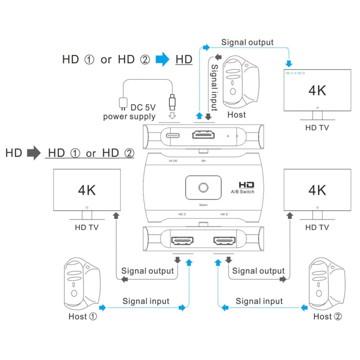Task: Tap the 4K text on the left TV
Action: tap(87, 190)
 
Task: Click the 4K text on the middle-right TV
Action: tap(316, 190)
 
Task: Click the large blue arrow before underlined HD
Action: tap(163, 60)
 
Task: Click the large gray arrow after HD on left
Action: tap(34, 153)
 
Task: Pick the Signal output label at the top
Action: tap(247, 42)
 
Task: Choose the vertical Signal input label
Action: tap(215, 87)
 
